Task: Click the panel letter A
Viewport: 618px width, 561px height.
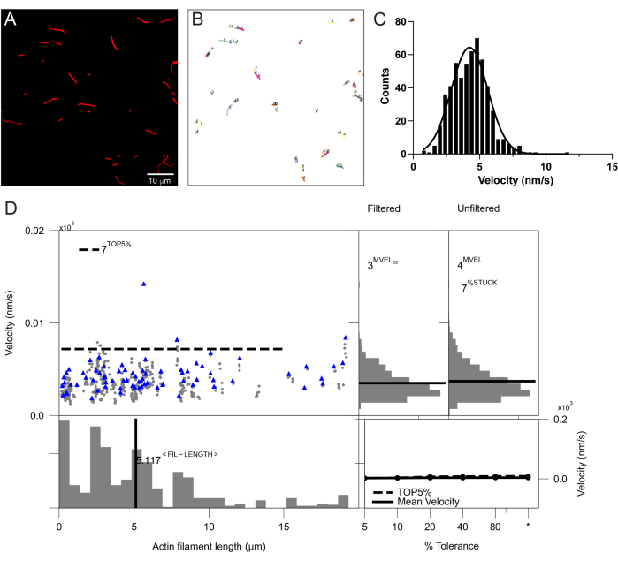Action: point(11,19)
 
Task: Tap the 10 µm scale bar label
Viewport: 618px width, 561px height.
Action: point(160,180)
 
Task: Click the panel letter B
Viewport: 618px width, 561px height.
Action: point(197,19)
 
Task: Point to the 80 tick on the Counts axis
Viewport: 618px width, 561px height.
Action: point(401,21)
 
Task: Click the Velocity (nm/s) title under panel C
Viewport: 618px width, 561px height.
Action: point(515,180)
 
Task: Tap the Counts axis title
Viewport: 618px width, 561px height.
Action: point(385,87)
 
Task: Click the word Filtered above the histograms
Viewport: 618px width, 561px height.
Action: point(384,208)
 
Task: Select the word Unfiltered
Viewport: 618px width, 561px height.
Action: point(478,208)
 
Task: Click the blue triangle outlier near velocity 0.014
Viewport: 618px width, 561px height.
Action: point(144,284)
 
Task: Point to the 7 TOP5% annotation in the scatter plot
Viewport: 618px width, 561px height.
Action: point(105,247)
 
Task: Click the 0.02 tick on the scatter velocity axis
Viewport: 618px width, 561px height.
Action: point(34,231)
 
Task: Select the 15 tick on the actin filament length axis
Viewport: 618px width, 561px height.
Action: point(284,527)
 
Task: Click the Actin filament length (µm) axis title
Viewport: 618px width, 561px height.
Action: point(209,547)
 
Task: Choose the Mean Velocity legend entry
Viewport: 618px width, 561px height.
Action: point(416,502)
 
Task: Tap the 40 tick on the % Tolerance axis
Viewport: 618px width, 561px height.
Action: point(462,527)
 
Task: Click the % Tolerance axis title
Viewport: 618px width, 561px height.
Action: point(452,546)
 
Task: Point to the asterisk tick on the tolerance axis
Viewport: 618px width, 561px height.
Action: point(528,525)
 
